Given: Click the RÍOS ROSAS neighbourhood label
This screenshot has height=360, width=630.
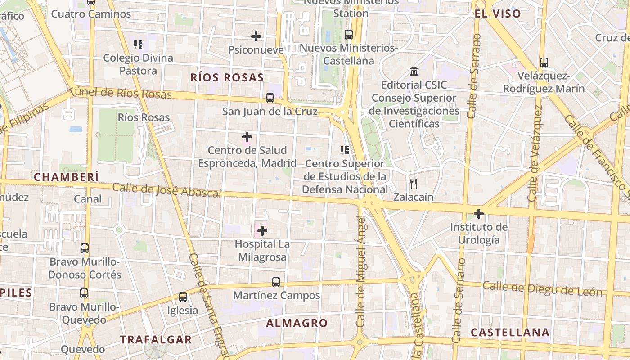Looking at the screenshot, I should [x=227, y=77].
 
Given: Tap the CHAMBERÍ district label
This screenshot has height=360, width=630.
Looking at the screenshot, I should [x=66, y=177].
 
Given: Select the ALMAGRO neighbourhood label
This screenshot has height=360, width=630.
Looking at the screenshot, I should [x=297, y=323].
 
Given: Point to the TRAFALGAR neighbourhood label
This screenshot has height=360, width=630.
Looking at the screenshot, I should [x=156, y=339].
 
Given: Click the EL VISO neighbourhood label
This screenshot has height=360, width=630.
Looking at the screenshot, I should [x=498, y=13].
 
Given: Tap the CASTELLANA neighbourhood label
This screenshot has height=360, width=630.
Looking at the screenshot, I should [x=510, y=333].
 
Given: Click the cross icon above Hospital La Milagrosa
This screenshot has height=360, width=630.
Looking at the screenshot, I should [x=262, y=231].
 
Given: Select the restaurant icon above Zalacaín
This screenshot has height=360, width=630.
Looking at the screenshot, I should [x=414, y=183].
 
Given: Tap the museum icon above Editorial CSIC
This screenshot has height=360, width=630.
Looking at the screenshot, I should [x=414, y=71].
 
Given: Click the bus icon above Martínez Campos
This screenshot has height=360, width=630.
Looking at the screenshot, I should [x=276, y=282].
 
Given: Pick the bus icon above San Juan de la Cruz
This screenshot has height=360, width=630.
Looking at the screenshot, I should [x=270, y=98].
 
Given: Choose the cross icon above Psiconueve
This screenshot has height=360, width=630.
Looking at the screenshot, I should [x=256, y=36].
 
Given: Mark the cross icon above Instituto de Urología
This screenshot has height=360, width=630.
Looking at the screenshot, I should [x=479, y=213].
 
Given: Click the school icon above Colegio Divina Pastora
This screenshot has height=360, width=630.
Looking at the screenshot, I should [x=138, y=44].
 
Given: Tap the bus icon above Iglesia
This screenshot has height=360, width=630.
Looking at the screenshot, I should [x=182, y=297].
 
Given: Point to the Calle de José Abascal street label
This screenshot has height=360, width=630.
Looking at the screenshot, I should [x=166, y=190].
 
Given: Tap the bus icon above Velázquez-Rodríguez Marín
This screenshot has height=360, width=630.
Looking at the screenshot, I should [x=544, y=62].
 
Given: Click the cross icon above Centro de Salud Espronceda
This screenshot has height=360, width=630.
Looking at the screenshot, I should [x=247, y=136].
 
